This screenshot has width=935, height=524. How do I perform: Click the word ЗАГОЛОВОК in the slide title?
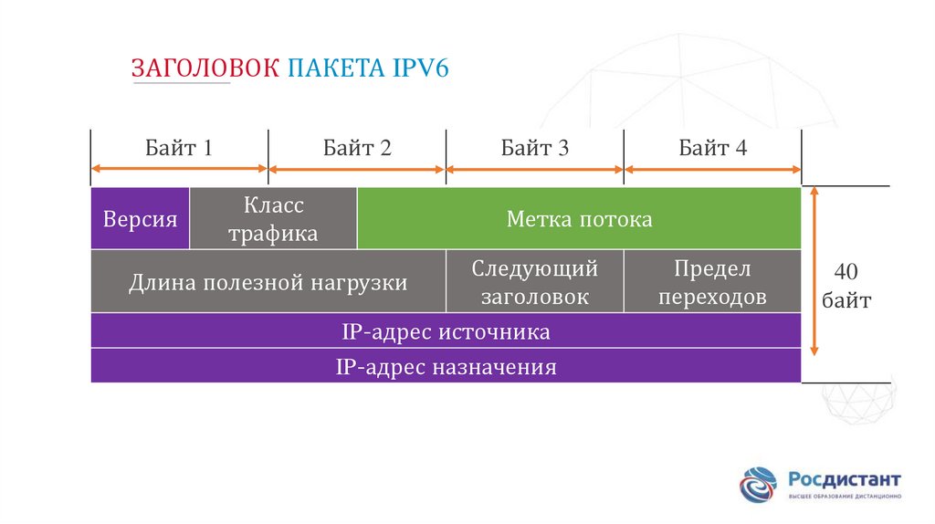click(x=205, y=69)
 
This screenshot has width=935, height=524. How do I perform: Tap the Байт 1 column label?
click(x=179, y=148)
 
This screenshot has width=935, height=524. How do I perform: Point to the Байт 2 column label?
click(x=357, y=148)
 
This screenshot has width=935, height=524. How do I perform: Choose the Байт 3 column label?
click(x=535, y=148)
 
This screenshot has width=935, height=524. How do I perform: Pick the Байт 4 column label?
click(x=713, y=148)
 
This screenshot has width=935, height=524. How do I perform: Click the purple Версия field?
click(x=141, y=219)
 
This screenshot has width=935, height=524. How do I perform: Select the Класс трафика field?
click(x=273, y=219)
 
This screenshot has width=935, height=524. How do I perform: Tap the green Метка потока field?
click(x=579, y=219)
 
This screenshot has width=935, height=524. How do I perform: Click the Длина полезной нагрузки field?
click(x=268, y=283)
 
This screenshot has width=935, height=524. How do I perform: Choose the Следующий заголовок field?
click(x=535, y=283)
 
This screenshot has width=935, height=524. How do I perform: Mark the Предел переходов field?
click(x=712, y=283)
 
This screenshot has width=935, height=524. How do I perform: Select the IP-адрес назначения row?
click(x=446, y=368)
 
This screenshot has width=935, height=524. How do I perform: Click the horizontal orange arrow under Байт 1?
click(x=179, y=168)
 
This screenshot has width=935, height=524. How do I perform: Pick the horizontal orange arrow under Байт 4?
click(x=713, y=168)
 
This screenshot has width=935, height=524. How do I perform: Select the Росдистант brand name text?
click(x=845, y=479)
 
